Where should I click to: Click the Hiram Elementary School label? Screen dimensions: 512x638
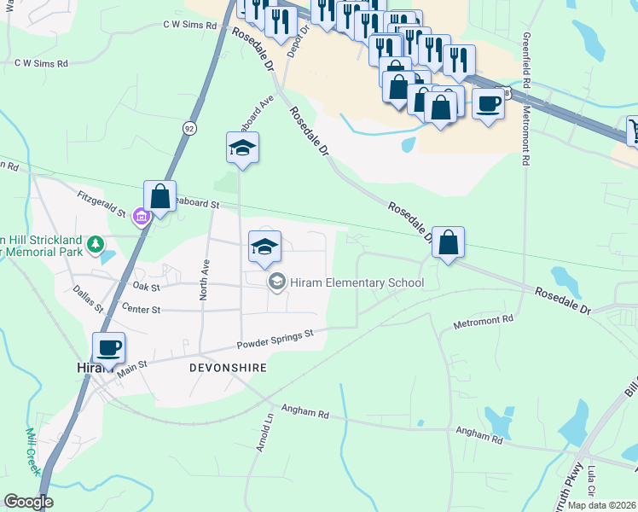(357, 282)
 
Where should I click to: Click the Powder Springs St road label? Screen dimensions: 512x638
(276, 338)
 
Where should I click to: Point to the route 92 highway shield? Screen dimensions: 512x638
(188, 127)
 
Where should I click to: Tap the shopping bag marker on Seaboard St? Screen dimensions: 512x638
(159, 196)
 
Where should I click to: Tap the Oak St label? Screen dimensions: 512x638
(146, 288)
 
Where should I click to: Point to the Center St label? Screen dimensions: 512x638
(142, 307)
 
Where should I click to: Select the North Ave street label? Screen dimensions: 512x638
(204, 277)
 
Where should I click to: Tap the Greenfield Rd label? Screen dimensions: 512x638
(528, 63)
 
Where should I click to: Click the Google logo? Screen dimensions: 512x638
(27, 502)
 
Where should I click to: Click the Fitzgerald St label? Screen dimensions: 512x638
(101, 201)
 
